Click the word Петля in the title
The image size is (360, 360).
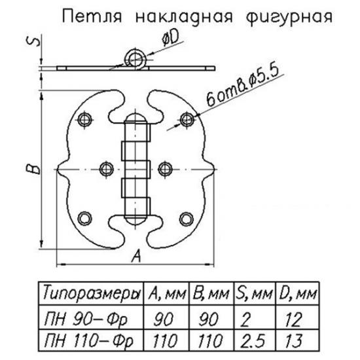pos(92,17)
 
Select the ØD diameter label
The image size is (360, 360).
pos(170,39)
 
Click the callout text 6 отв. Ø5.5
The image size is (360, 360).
pos(243,86)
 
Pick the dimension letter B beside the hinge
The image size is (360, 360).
pos(33,169)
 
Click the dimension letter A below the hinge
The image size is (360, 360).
pos(136,256)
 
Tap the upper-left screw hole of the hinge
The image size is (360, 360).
pos(84,119)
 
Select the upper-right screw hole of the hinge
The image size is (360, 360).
pos(187,119)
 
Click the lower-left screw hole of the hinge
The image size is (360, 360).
pos(84,219)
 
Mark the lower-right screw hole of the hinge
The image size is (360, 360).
pos(186,219)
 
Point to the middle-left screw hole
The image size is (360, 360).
pos(107,170)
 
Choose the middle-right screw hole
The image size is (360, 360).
pos(166,170)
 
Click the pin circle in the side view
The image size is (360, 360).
pos(135,59)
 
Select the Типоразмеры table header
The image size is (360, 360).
pos(91,295)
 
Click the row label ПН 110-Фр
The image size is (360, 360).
pos(88,341)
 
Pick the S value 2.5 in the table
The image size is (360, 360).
pos(253,341)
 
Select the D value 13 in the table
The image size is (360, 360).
pos(293,341)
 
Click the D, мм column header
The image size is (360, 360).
pos(298,295)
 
